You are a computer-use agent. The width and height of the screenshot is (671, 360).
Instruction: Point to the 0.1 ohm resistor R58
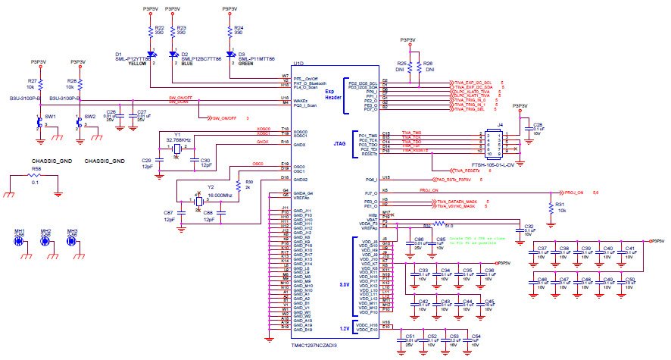click(36, 175)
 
